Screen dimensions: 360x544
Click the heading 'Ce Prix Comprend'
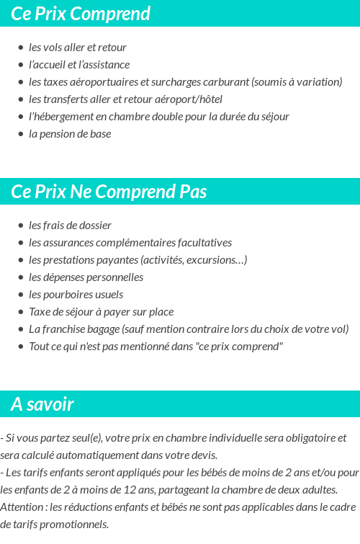coord(81,14)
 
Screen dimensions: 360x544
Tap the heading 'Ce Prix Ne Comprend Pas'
coord(109,192)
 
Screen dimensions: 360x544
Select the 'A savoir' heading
coord(42,404)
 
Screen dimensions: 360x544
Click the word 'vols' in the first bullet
coord(55,48)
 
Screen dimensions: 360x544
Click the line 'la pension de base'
coord(70,134)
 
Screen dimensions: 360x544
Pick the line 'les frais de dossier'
coord(70,226)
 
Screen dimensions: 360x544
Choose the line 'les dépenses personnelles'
coord(86,277)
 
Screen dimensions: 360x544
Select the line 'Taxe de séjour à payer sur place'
coord(101,312)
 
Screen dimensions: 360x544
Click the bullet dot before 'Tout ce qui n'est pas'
coord(21,347)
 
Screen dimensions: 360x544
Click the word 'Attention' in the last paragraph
coord(22,507)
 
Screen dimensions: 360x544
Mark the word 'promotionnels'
coord(75,525)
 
